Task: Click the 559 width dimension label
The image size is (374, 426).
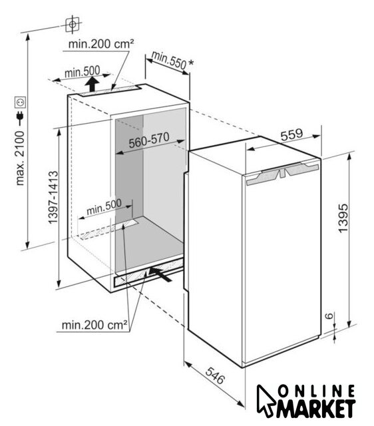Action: tap(291, 134)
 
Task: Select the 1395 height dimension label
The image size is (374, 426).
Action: tap(343, 218)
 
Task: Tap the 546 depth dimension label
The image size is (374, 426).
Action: tap(215, 375)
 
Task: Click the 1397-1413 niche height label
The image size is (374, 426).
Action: tap(53, 197)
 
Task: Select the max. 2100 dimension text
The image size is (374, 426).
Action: tap(21, 158)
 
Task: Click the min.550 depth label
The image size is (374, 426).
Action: tap(169, 60)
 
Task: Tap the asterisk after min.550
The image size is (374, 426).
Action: tap(191, 63)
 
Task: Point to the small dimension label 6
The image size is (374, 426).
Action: tap(329, 316)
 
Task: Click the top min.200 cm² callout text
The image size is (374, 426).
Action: tap(101, 44)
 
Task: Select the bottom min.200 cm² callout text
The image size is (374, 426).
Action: tap(94, 325)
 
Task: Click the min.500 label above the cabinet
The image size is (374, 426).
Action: tap(82, 72)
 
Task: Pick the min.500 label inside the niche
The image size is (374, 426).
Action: tap(104, 207)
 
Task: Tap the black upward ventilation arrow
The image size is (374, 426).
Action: tap(93, 85)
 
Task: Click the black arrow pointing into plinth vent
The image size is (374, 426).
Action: tap(160, 274)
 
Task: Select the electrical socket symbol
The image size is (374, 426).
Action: tap(21, 103)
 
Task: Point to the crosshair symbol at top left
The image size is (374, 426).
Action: tap(73, 25)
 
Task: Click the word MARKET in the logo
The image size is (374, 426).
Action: tap(316, 409)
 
